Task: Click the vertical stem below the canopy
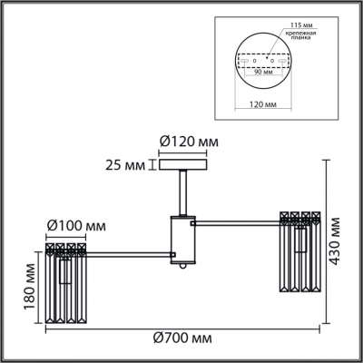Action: coord(182,192)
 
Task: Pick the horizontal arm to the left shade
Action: coord(127,252)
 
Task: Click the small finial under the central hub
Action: coord(182,268)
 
